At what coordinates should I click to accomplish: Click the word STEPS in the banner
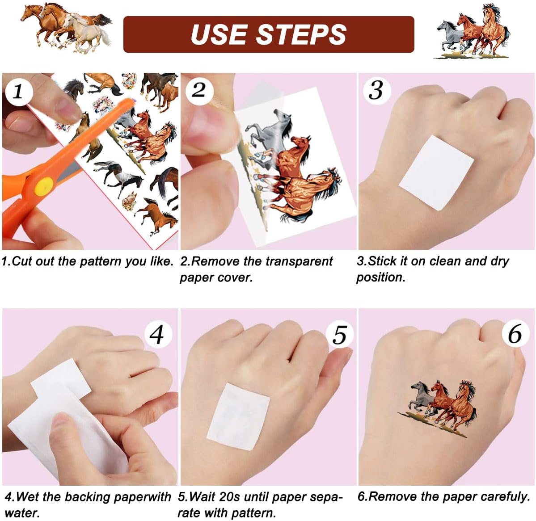(301, 34)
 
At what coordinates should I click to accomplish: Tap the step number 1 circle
(18, 91)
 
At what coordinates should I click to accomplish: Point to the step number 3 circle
(376, 90)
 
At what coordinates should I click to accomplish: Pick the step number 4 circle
(157, 334)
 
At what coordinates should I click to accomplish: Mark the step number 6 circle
(515, 333)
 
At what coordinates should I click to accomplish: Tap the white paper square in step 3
(436, 172)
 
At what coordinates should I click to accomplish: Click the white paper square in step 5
(239, 416)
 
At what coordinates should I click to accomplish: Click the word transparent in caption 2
(299, 262)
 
